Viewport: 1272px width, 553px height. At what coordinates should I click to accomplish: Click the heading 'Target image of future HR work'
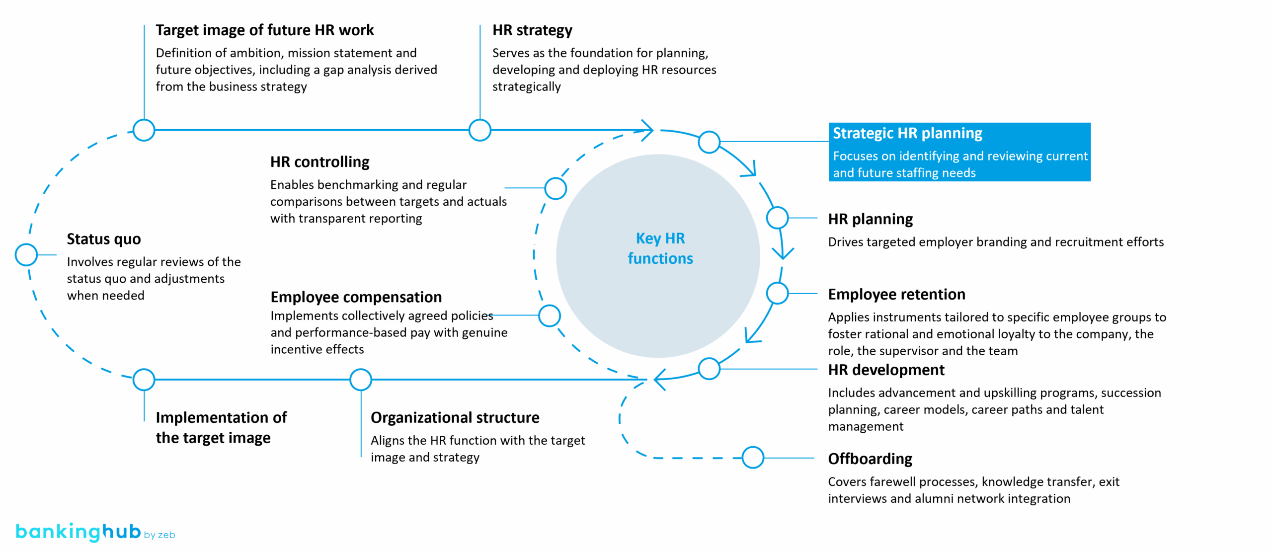tap(264, 30)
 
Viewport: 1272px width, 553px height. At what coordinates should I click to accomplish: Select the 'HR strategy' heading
tap(532, 30)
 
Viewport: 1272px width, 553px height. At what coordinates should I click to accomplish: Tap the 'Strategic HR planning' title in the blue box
tap(907, 133)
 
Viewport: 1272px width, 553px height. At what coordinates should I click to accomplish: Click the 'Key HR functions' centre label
tap(660, 248)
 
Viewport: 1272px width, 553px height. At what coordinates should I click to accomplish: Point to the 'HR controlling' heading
tap(319, 162)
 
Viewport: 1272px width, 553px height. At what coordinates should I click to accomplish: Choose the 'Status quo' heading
tap(103, 239)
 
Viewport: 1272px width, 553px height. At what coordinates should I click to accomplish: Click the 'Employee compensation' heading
tap(356, 297)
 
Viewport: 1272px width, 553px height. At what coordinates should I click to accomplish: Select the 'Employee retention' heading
tap(896, 295)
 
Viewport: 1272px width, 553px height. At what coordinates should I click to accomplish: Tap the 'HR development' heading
tap(886, 370)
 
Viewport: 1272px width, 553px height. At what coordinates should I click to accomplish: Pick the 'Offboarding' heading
tap(870, 459)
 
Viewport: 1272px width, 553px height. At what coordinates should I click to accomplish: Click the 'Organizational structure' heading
tap(455, 418)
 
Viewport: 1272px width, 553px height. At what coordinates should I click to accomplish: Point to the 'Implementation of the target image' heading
tap(221, 428)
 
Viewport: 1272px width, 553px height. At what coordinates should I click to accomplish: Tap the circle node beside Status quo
tap(26, 255)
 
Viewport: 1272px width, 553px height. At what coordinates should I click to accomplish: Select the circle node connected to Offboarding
tap(753, 458)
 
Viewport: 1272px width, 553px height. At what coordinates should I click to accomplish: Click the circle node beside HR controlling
tap(556, 188)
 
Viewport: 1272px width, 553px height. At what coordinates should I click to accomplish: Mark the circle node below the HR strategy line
tap(480, 130)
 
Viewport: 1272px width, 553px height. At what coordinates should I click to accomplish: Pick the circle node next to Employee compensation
tap(550, 316)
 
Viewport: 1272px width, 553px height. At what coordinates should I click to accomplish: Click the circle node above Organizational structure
tap(361, 380)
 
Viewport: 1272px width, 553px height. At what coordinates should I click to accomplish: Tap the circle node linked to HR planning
tap(777, 218)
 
